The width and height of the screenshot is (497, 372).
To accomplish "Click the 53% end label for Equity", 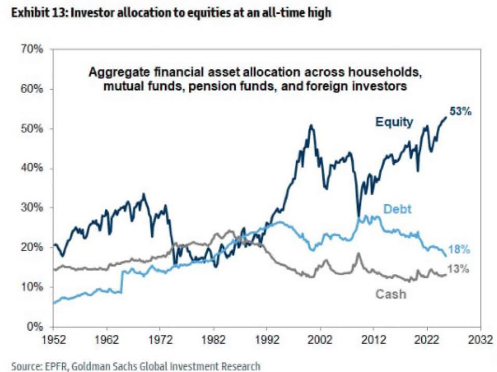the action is (460, 112).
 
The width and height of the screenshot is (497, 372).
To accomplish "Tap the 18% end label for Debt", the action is (459, 250).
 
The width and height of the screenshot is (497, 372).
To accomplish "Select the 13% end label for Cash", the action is (458, 269).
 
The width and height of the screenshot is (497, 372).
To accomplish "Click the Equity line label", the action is (394, 122).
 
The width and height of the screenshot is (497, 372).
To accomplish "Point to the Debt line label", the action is (397, 209).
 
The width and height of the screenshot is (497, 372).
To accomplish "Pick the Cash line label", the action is (391, 294).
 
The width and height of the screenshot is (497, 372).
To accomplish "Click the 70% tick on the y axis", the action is (32, 50).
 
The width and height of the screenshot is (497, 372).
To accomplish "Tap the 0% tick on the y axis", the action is (34, 327).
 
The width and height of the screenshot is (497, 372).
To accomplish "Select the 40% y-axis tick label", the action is (32, 168).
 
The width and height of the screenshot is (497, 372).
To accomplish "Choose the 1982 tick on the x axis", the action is (213, 340).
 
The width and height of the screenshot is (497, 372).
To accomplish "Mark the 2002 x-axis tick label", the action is (320, 340).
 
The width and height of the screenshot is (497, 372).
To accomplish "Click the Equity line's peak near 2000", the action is (311, 125).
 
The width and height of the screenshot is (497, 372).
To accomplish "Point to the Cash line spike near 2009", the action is (358, 253).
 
